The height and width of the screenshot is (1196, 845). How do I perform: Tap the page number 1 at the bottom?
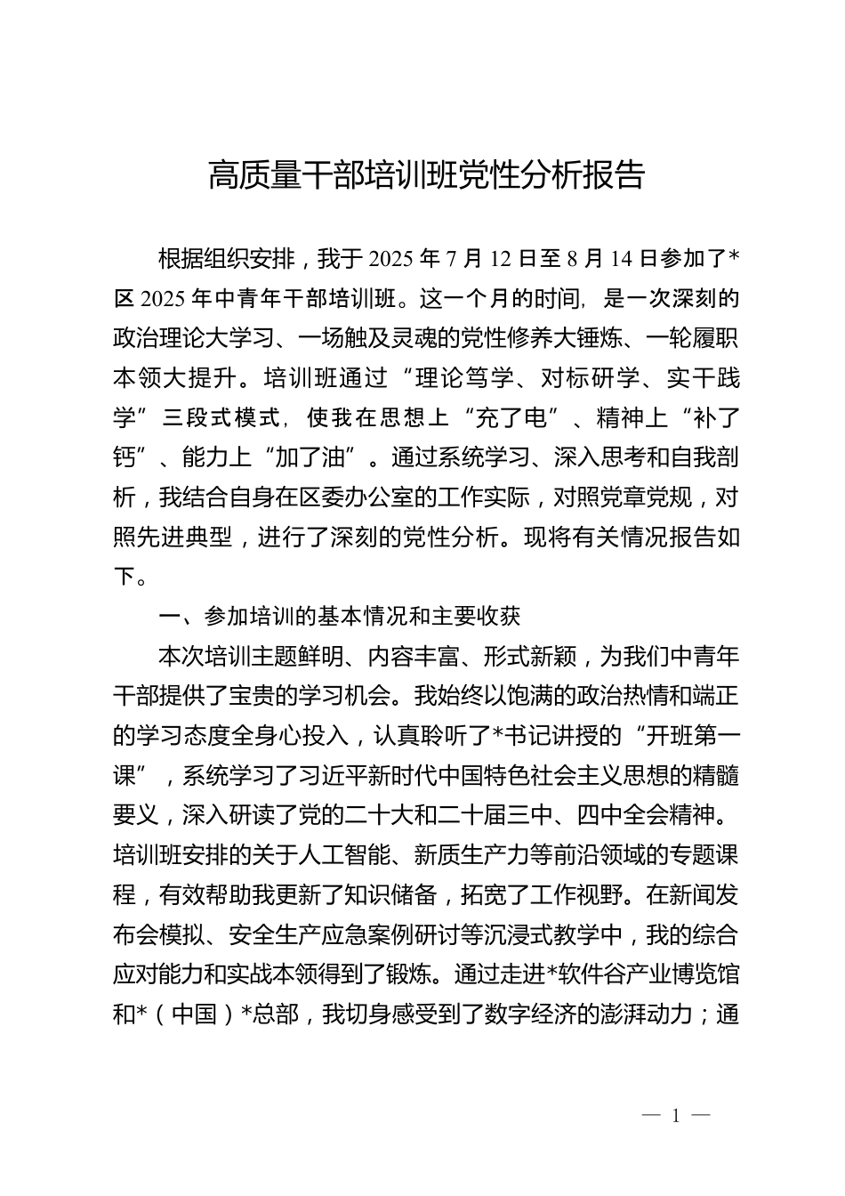[x=676, y=1116]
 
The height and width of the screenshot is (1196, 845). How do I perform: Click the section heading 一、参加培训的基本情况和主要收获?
[x=338, y=616]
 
